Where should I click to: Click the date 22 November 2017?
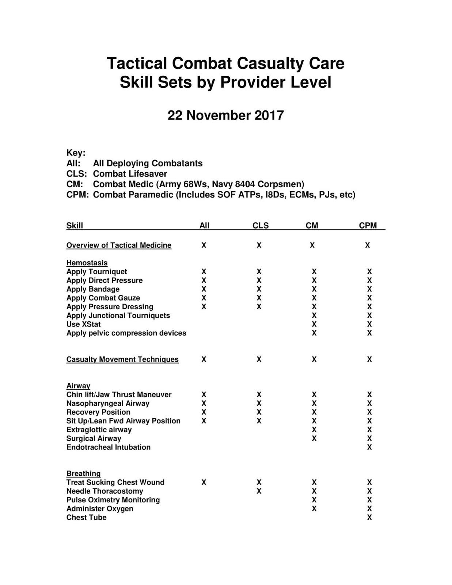225,116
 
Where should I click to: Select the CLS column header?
261,226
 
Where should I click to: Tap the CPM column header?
368,226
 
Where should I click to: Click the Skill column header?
75,226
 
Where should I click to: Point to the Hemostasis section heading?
87,263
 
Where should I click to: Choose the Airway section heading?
78,386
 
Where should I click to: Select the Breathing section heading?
83,473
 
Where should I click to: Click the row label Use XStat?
83,324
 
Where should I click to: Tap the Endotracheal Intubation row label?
109,447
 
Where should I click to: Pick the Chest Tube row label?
87,517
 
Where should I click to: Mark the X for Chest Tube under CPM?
369,517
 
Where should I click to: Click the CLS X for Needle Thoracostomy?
259,491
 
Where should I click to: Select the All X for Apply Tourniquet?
204,272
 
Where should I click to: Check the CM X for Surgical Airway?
314,438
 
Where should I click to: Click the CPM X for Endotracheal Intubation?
369,447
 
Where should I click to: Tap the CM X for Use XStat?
314,324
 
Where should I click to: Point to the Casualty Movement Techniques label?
122,359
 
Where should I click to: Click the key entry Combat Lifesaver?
130,174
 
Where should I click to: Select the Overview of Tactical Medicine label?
119,245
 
